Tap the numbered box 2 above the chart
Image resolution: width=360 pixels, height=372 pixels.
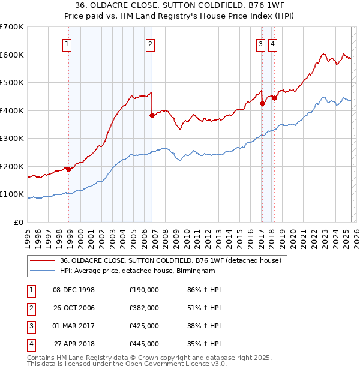pos(149,43)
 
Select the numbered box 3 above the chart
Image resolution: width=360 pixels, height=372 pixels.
pos(261,43)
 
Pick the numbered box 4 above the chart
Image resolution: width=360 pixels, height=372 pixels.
pos(272,43)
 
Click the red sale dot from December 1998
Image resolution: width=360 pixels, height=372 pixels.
pos(69,169)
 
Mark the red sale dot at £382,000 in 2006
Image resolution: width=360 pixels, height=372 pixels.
pos(152,116)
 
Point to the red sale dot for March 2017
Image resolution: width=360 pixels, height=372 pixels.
pos(262,104)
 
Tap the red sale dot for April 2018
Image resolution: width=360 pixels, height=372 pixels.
pos(274,98)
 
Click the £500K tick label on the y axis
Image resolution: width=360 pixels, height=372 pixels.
pos(12,82)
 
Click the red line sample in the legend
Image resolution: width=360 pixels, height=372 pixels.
pos(43,260)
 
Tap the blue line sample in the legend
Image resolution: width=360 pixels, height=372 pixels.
pos(43,271)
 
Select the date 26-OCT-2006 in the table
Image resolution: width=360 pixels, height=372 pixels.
pos(74,308)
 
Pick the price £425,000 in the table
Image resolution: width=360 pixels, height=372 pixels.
pos(144,326)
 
